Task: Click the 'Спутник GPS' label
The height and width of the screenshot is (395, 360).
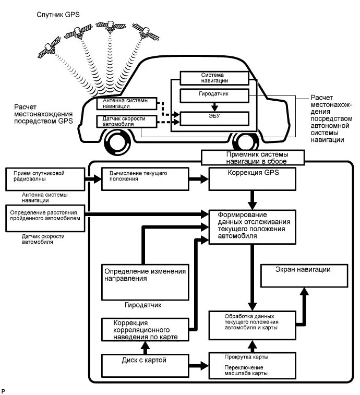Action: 57,14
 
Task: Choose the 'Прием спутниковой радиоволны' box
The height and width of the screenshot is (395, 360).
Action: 44,179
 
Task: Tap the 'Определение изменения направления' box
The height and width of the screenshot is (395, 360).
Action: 145,281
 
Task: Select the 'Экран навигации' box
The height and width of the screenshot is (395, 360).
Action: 303,276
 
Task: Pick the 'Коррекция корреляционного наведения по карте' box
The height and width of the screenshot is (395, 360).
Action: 145,330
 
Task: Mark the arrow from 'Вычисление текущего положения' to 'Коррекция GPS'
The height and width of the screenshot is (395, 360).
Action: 198,179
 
